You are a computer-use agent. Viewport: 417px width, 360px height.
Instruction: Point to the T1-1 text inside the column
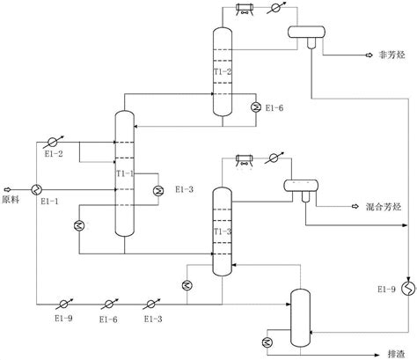[124, 173]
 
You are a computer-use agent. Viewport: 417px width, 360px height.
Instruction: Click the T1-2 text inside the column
[223, 71]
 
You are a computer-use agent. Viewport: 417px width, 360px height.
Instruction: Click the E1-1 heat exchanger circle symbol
[38, 189]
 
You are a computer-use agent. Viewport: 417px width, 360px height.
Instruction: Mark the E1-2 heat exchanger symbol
[53, 141]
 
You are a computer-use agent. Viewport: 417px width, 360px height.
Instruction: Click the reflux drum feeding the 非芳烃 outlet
[304, 31]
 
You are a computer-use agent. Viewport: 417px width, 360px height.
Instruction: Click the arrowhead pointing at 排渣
[362, 348]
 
